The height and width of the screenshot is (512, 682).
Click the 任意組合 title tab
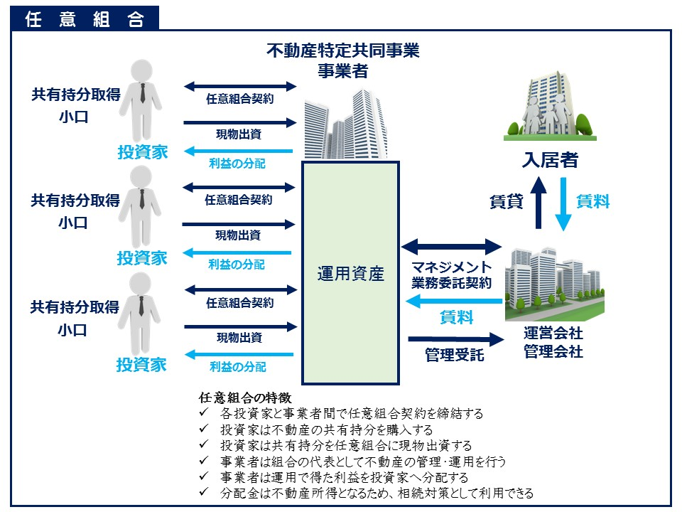pyautogui.click(x=85, y=19)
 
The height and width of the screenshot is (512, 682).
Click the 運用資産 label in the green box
pyautogui.click(x=350, y=274)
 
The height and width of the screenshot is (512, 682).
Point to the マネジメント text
pyautogui.click(x=452, y=267)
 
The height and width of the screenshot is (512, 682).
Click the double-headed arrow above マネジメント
pyautogui.click(x=452, y=247)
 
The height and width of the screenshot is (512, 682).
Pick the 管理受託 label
pyautogui.click(x=455, y=354)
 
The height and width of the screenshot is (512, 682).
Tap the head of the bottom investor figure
pyautogui.click(x=141, y=284)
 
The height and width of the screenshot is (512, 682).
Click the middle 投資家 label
pyautogui.click(x=142, y=257)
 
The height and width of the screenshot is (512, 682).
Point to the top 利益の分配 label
pyautogui.click(x=237, y=164)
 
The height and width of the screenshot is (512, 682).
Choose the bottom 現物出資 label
pyautogui.click(x=238, y=337)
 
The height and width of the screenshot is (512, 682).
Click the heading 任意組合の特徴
pyautogui.click(x=246, y=398)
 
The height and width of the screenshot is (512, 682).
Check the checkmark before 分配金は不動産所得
pyautogui.click(x=204, y=492)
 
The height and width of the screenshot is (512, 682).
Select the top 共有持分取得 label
pyautogui.click(x=75, y=95)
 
